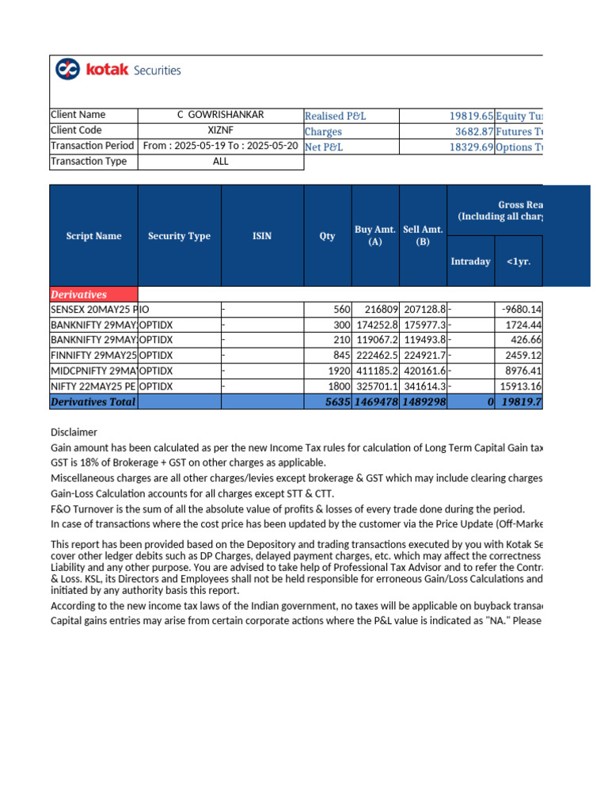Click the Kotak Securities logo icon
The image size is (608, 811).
67,70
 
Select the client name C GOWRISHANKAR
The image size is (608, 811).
221,115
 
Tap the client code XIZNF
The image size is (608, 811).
221,131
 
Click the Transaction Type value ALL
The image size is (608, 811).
221,162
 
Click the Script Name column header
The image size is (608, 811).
94,236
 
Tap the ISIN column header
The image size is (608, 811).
261,236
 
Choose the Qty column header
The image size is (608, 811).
327,236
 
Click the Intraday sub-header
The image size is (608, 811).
470,261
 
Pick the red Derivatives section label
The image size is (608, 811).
78,295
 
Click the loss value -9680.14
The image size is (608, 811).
521,310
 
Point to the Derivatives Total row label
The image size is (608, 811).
93,402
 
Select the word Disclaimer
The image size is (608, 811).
74,432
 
